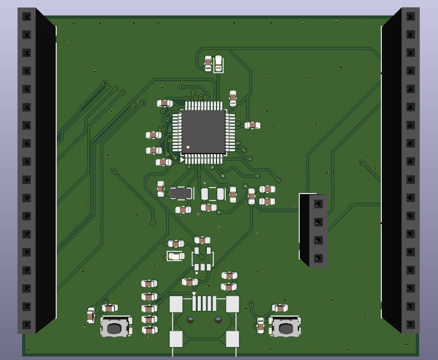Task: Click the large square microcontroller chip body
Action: [x=203, y=131]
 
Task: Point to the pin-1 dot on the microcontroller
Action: [x=188, y=147]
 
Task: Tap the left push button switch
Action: [x=114, y=328]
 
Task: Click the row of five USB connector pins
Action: [x=204, y=303]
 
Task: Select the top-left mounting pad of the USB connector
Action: [x=176, y=304]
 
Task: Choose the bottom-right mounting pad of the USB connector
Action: [x=232, y=339]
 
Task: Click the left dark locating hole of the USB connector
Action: [x=191, y=320]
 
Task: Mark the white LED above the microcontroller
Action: [x=218, y=64]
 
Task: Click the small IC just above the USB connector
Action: [x=203, y=259]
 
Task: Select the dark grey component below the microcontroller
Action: [x=181, y=193]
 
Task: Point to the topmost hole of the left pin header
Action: [x=26, y=17]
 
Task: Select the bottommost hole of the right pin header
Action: [x=410, y=324]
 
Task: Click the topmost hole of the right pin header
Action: [x=410, y=16]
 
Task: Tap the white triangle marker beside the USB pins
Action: [x=194, y=294]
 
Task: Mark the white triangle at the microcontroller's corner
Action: [x=183, y=160]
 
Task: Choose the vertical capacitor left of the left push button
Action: [x=91, y=315]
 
